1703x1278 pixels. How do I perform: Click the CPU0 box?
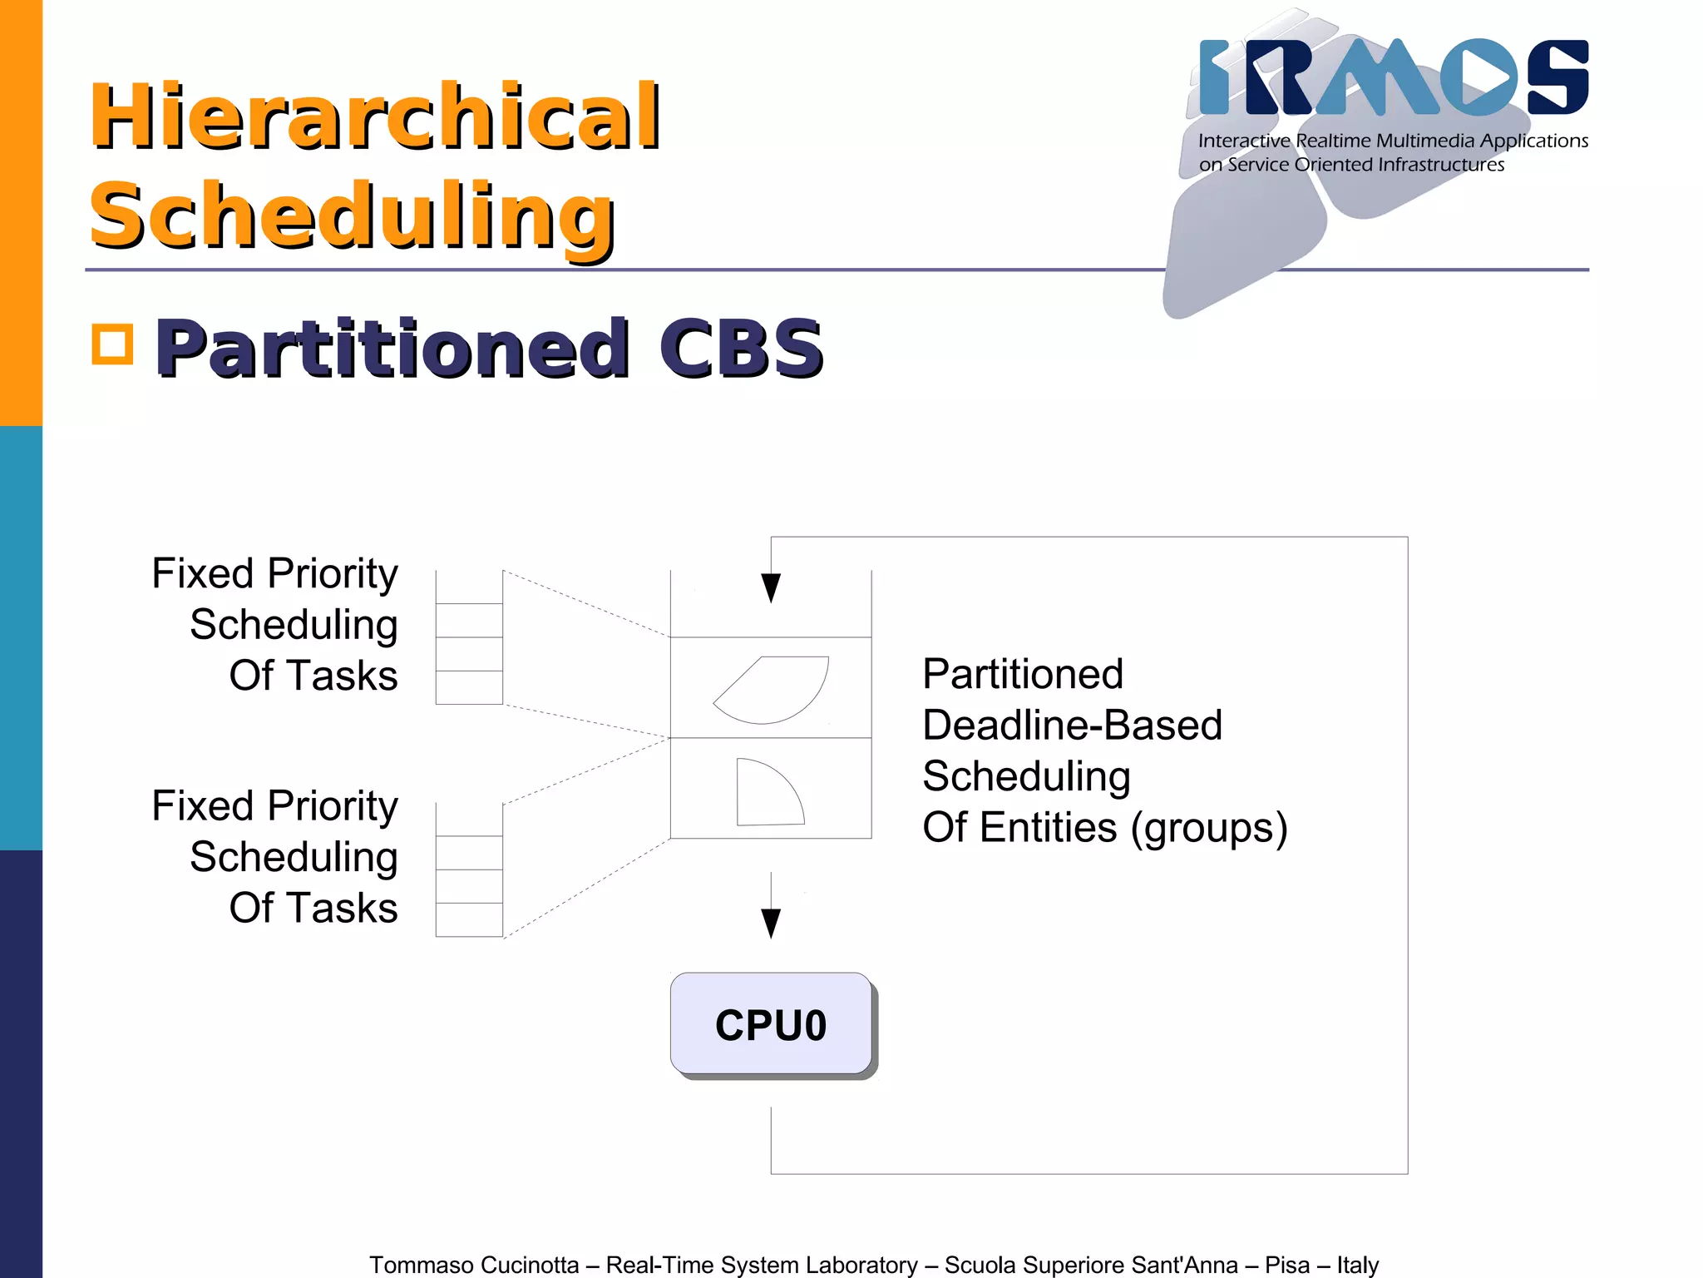(771, 1024)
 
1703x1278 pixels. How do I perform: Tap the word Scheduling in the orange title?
(352, 215)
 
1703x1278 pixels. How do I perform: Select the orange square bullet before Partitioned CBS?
(112, 344)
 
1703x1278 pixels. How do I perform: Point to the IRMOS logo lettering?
(1394, 77)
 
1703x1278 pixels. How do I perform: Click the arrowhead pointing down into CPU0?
(771, 923)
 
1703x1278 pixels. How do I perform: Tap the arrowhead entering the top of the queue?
(771, 587)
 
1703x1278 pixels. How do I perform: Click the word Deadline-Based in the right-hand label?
(1072, 725)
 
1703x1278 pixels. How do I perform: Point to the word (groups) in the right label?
(1209, 828)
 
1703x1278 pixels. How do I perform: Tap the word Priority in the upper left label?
(333, 574)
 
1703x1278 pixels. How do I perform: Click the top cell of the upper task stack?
(469, 587)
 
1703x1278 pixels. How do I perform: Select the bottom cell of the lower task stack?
(469, 920)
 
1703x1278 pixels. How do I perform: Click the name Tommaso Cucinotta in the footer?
(474, 1265)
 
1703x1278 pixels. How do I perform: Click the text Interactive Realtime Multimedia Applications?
(1393, 141)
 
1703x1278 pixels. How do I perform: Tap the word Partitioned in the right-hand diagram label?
(1023, 674)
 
